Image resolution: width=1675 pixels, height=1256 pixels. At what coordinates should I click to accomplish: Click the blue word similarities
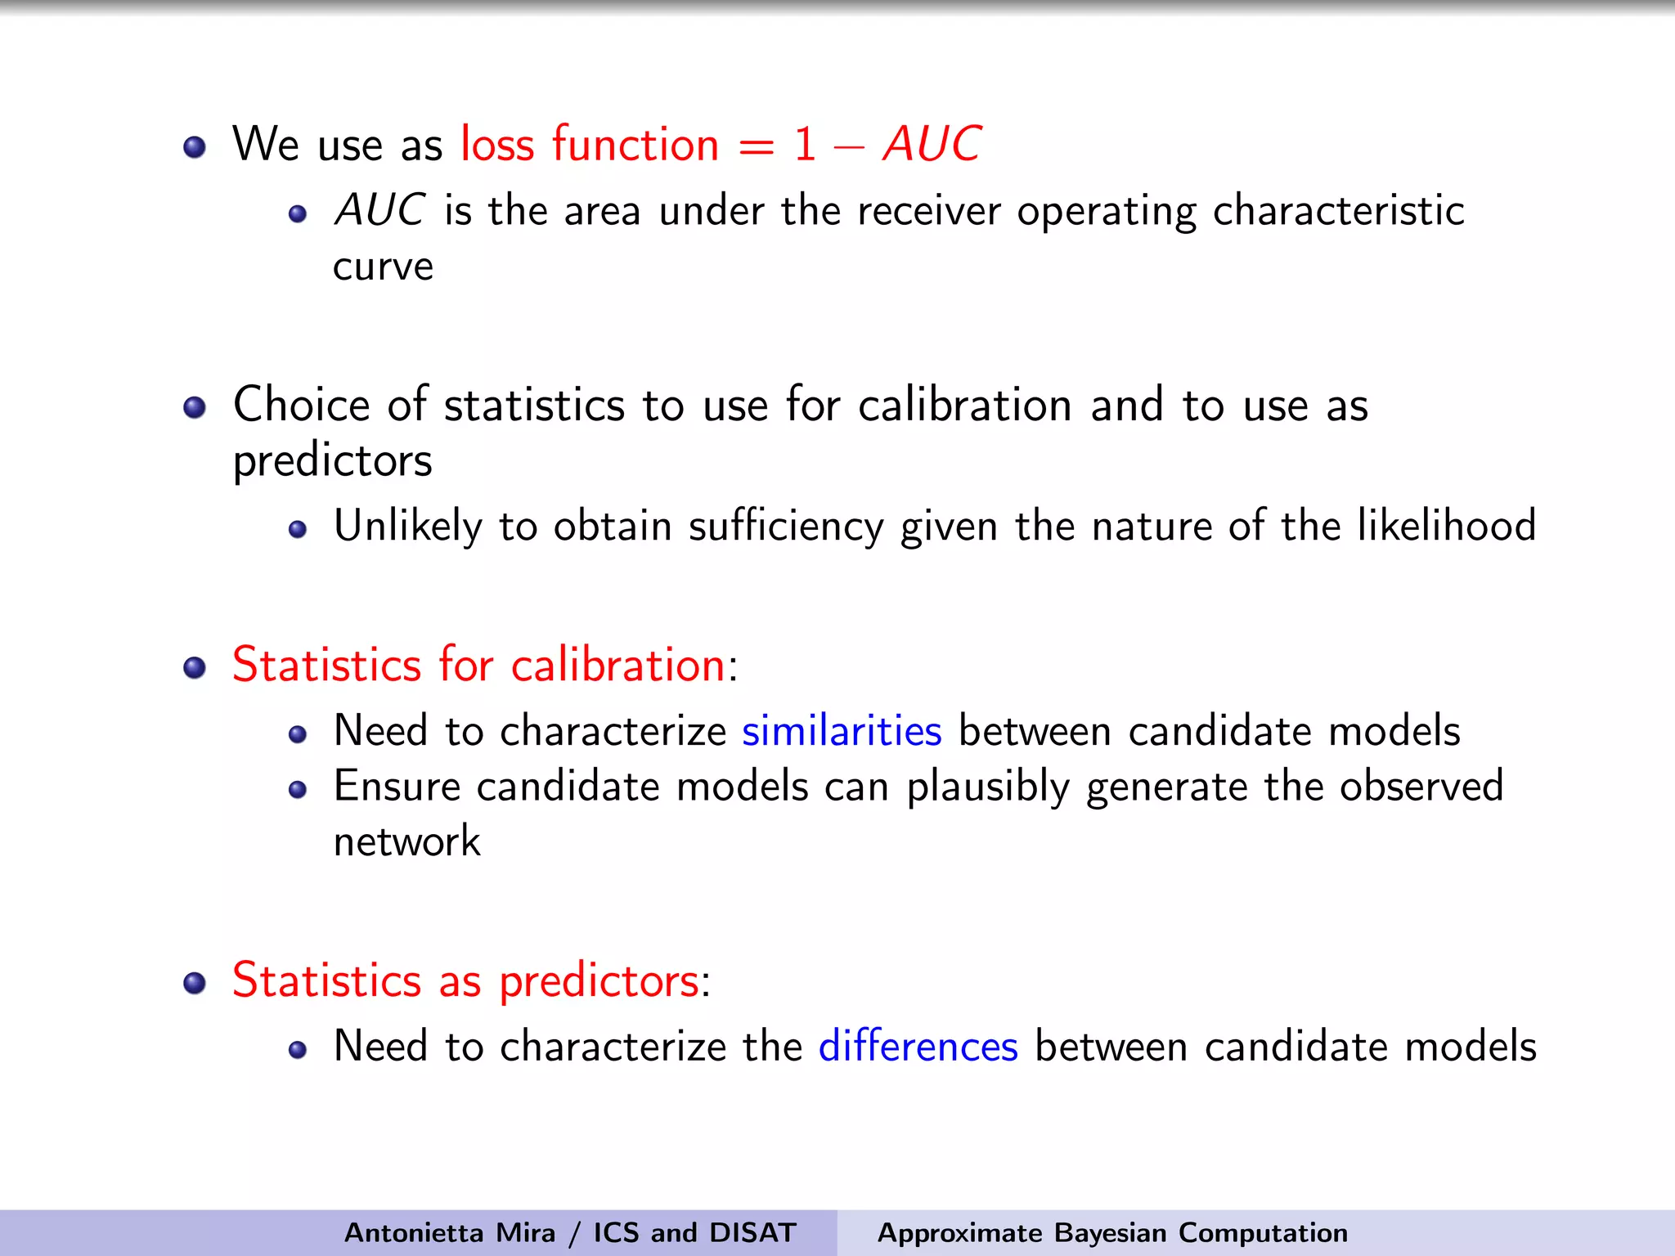coord(842,730)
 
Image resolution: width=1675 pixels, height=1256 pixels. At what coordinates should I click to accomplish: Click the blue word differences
coord(918,1046)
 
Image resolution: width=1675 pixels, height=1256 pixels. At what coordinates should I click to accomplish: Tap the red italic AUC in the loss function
coord(932,145)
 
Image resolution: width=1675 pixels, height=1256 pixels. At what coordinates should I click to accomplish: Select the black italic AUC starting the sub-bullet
coord(379,210)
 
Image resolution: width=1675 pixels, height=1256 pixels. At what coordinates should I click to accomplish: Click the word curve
coord(383,267)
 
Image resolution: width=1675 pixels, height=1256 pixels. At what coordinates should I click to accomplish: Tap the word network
coord(406,841)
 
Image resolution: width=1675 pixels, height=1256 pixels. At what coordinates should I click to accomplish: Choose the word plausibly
coord(988,787)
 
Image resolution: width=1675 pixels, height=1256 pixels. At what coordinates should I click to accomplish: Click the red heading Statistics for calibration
coord(479,664)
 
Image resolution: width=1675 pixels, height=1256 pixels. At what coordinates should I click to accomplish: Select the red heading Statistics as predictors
coord(466,980)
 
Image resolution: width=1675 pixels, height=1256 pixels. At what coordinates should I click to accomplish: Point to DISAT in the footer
coord(752,1232)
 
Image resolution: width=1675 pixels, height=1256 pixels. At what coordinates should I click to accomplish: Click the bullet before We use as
coord(195,147)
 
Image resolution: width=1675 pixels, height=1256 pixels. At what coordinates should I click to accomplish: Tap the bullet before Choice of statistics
coord(195,407)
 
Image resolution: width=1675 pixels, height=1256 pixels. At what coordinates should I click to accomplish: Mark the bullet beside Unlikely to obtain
coord(298,529)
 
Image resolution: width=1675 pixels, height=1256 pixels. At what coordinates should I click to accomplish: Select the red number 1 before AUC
coord(805,145)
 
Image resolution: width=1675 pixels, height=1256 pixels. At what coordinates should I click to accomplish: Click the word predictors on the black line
coord(332,460)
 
